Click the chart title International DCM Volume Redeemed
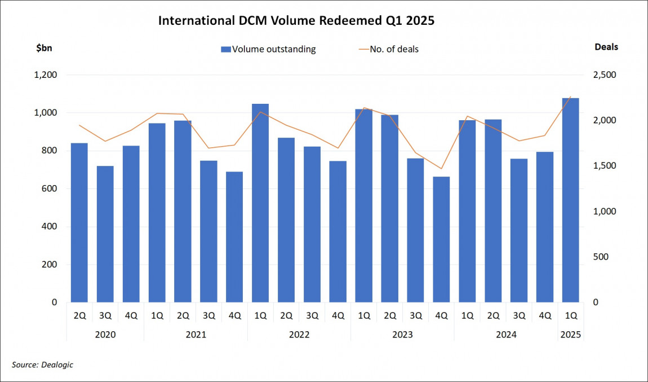[x=296, y=21]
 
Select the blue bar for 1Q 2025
[x=570, y=200]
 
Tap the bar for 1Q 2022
[x=260, y=203]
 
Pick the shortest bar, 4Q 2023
[x=441, y=239]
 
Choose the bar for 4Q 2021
[x=234, y=237]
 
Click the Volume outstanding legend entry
[x=268, y=49]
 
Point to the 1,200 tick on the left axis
[x=46, y=75]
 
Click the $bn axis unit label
[x=44, y=47]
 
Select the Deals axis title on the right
[x=606, y=47]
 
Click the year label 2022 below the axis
[x=299, y=334]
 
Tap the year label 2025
[x=570, y=334]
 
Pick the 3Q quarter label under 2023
[x=415, y=316]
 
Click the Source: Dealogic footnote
[x=42, y=365]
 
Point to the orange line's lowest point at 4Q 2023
[x=441, y=169]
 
